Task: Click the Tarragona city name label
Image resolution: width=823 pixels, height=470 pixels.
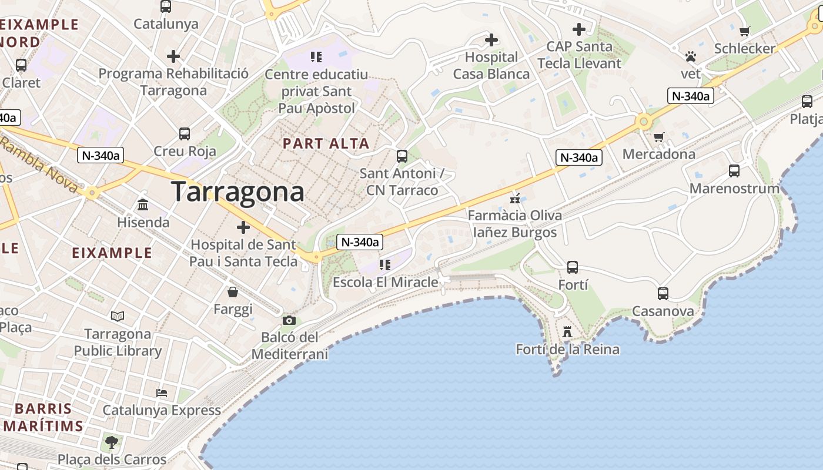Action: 238,192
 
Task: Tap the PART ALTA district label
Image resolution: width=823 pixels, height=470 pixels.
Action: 326,143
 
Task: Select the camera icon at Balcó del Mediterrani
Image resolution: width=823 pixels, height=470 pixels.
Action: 289,320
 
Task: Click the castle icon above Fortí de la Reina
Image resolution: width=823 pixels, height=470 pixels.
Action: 567,332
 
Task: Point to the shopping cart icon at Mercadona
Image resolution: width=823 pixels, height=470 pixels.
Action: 658,137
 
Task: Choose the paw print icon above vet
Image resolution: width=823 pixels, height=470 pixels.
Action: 690,56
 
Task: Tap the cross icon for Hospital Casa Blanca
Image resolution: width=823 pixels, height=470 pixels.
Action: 491,40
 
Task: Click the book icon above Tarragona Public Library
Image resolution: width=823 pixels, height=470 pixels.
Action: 118,317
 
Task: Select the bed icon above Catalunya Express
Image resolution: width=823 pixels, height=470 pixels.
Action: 162,392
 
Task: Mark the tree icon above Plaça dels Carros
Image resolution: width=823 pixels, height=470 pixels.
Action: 111,442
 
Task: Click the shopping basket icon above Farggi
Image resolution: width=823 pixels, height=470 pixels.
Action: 233,291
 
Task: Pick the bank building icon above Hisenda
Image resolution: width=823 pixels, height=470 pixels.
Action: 143,205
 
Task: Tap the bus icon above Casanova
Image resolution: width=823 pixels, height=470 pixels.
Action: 663,293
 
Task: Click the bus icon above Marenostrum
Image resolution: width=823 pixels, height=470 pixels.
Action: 734,171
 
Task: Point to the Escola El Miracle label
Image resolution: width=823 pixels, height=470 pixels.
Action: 385,282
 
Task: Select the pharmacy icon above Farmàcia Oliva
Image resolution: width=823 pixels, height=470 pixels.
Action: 516,198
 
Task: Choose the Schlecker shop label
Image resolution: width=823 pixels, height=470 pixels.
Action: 745,48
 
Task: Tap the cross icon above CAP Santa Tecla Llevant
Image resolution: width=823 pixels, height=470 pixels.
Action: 579,29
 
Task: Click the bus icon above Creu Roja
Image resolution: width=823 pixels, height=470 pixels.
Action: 185,133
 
